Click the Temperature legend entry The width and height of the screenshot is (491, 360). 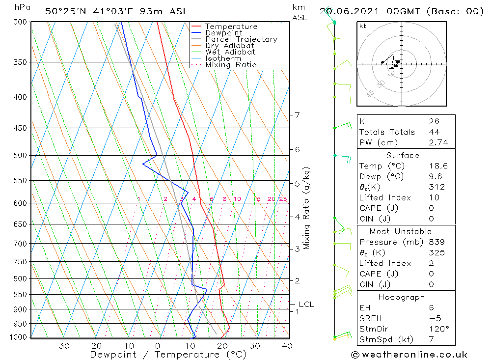[231, 27]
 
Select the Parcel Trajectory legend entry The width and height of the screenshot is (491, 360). [241, 39]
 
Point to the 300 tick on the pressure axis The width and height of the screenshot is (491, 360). [20, 22]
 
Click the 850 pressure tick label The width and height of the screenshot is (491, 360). [20, 295]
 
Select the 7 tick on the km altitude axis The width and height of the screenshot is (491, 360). [297, 115]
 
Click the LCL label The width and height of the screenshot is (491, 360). [306, 305]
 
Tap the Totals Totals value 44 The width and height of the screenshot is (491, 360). [432, 132]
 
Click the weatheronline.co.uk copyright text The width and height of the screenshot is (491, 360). [409, 355]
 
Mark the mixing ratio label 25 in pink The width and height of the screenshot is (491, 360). [283, 199]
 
